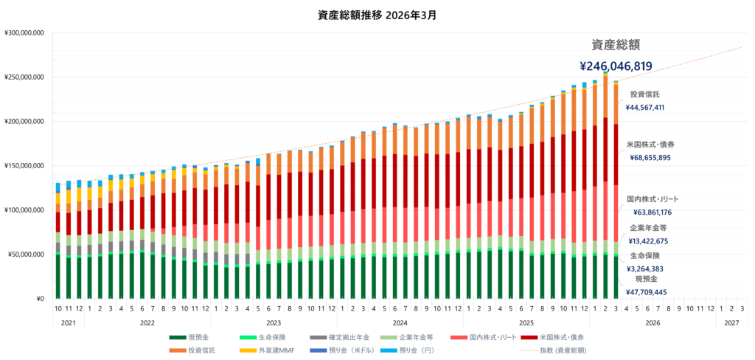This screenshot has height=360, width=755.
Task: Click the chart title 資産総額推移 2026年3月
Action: [x=377, y=14]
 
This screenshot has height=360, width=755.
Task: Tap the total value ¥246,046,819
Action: [x=616, y=66]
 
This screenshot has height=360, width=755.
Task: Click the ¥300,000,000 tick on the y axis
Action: [x=25, y=33]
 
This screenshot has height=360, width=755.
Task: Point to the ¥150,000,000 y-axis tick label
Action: [x=25, y=166]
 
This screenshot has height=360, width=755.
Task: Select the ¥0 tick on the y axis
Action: [x=41, y=299]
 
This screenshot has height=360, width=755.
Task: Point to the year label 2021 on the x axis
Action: [x=68, y=323]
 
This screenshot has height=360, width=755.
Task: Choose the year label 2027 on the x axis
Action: [x=731, y=323]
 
